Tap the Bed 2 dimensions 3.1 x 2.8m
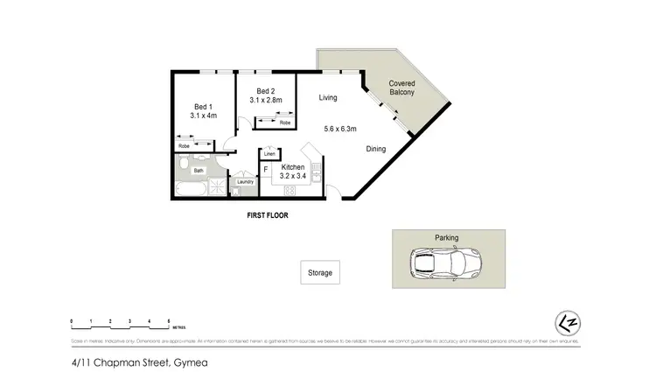(x=267, y=101)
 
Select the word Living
(x=328, y=97)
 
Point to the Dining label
(x=376, y=149)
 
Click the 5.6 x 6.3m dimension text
(x=341, y=129)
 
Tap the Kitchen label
(x=293, y=167)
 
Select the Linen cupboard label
(x=270, y=154)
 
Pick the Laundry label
(x=245, y=182)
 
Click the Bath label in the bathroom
(x=199, y=171)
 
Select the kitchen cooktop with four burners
(x=290, y=189)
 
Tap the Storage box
(x=320, y=273)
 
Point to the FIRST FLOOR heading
(x=269, y=214)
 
